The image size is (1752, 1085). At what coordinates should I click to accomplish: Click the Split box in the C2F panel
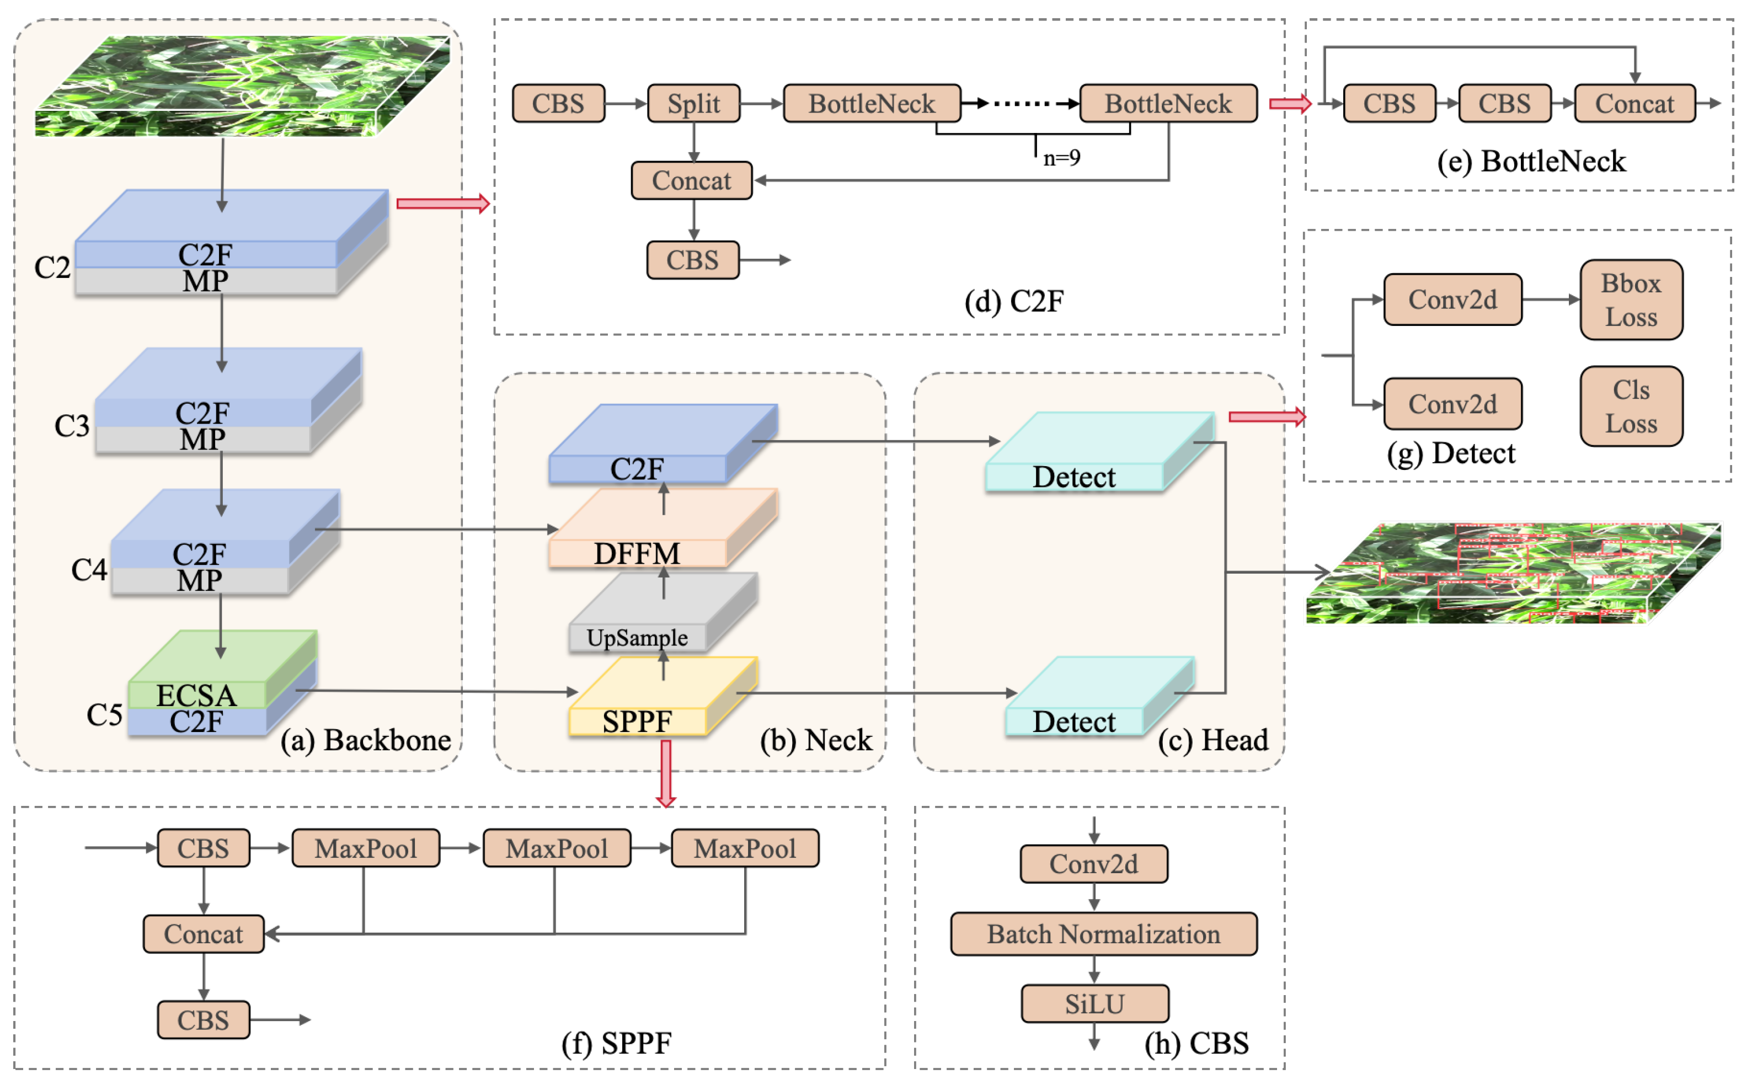[693, 103]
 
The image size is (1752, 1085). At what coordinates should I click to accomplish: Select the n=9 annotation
[1061, 157]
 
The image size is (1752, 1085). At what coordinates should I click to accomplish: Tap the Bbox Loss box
[1630, 300]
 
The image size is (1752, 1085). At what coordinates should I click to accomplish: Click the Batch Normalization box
[1103, 934]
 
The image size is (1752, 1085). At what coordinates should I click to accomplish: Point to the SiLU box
[1094, 1003]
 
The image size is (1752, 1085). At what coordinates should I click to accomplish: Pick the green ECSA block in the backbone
[196, 693]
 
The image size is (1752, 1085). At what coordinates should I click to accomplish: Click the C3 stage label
[72, 425]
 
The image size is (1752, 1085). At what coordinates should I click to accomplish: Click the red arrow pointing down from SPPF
[666, 773]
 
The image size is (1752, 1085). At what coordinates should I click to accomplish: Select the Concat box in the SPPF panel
[203, 934]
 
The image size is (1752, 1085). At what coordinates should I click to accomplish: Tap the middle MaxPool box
[556, 848]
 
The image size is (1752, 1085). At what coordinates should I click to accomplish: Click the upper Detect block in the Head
[1073, 477]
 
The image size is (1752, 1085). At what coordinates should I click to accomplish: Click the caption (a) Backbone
[365, 740]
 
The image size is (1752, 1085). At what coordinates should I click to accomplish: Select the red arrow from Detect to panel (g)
[1267, 417]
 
